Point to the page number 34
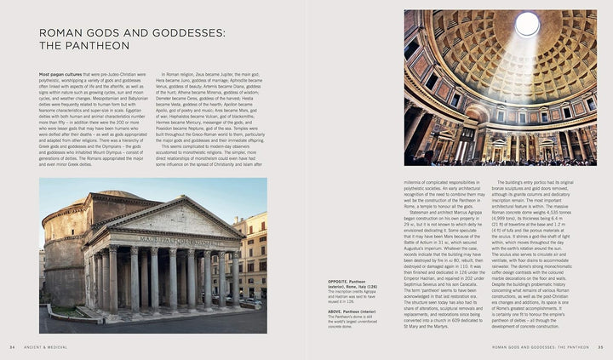(x=12, y=347)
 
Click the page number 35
(x=600, y=347)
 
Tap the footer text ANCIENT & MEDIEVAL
(x=46, y=347)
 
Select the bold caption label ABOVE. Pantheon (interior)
(x=299, y=310)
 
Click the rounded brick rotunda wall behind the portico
(x=64, y=247)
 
